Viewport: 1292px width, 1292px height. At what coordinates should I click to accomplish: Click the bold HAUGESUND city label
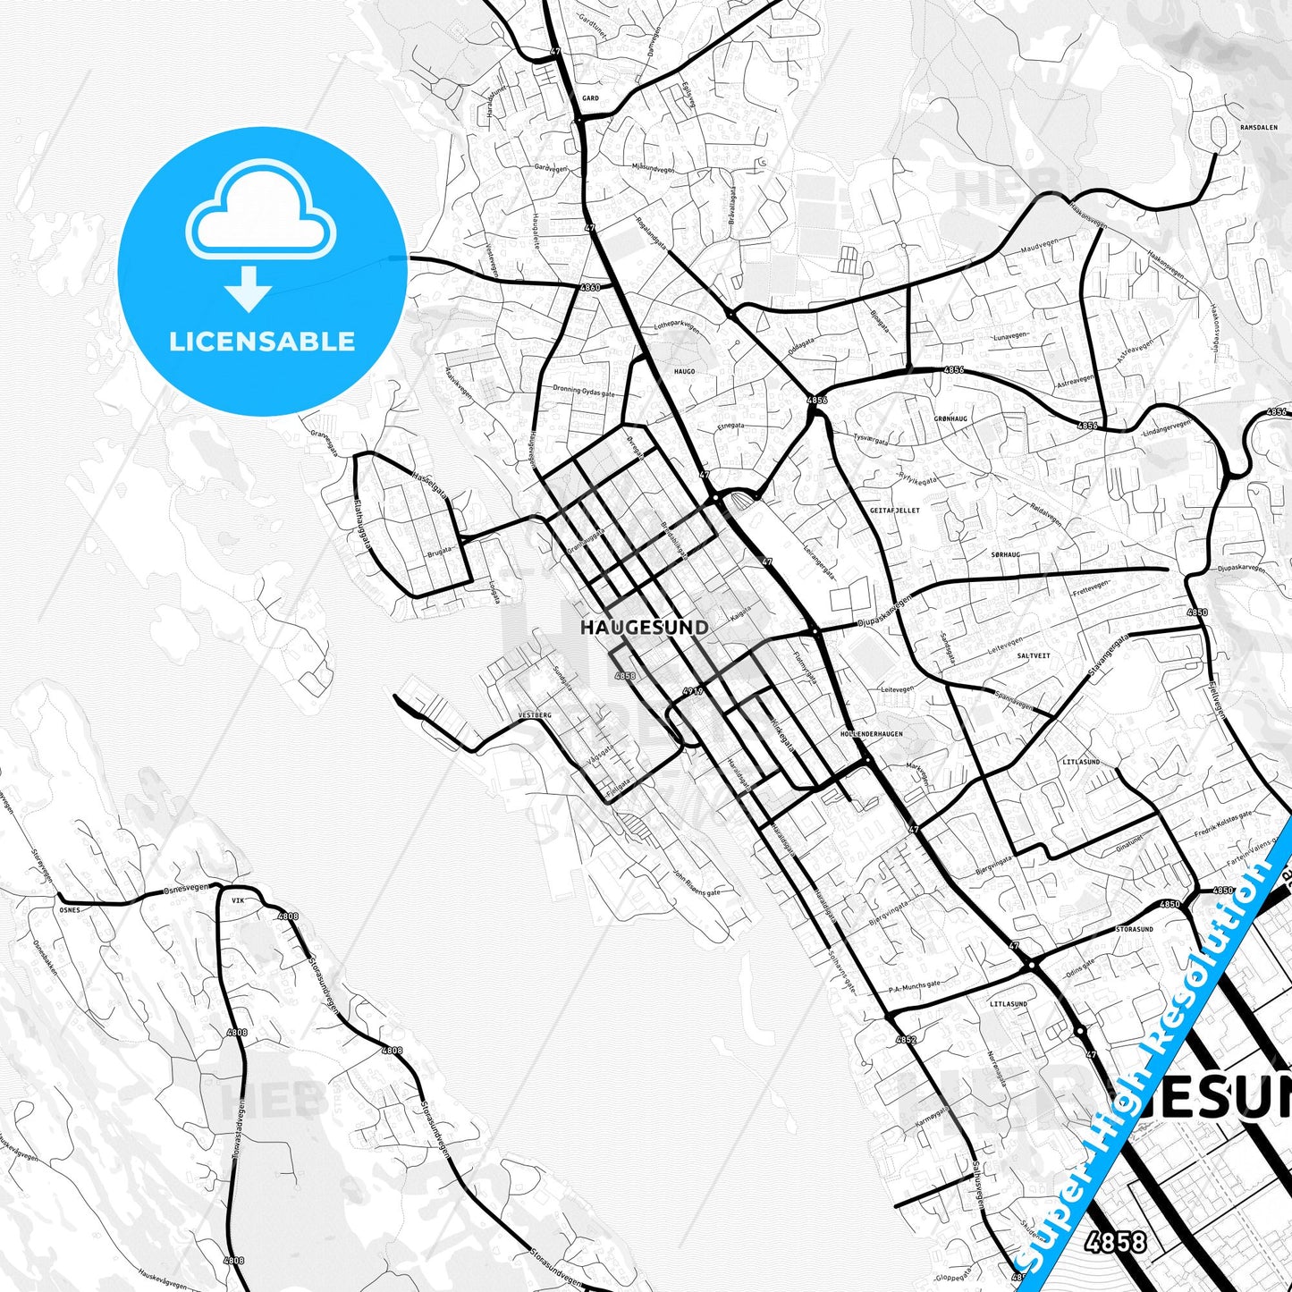pyautogui.click(x=644, y=628)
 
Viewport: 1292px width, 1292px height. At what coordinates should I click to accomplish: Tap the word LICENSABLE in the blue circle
pyautogui.click(x=262, y=342)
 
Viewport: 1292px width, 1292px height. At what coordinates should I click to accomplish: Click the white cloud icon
pyautogui.click(x=260, y=211)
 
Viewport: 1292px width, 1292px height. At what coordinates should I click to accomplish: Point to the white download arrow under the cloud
pyautogui.click(x=249, y=287)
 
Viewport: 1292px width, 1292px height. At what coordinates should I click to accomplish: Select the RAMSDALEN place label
pyautogui.click(x=1258, y=128)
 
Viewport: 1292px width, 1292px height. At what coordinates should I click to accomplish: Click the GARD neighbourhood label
pyautogui.click(x=590, y=98)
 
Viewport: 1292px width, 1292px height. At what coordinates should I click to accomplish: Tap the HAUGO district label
pyautogui.click(x=684, y=371)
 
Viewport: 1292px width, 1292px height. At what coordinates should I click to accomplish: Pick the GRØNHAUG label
pyautogui.click(x=950, y=418)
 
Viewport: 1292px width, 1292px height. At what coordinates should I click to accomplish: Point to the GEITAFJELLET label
pyautogui.click(x=894, y=511)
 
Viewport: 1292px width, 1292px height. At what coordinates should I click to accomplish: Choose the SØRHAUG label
pyautogui.click(x=1005, y=555)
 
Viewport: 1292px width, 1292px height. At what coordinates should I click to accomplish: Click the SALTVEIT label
pyautogui.click(x=1034, y=655)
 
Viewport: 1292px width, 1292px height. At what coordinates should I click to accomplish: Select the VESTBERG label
pyautogui.click(x=535, y=715)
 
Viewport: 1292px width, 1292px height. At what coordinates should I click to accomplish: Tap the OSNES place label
pyautogui.click(x=69, y=910)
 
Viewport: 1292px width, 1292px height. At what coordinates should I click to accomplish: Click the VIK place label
pyautogui.click(x=237, y=901)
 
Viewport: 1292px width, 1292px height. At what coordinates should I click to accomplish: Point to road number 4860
pyautogui.click(x=590, y=288)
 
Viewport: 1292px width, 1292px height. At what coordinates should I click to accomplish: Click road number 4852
pyautogui.click(x=906, y=1040)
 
